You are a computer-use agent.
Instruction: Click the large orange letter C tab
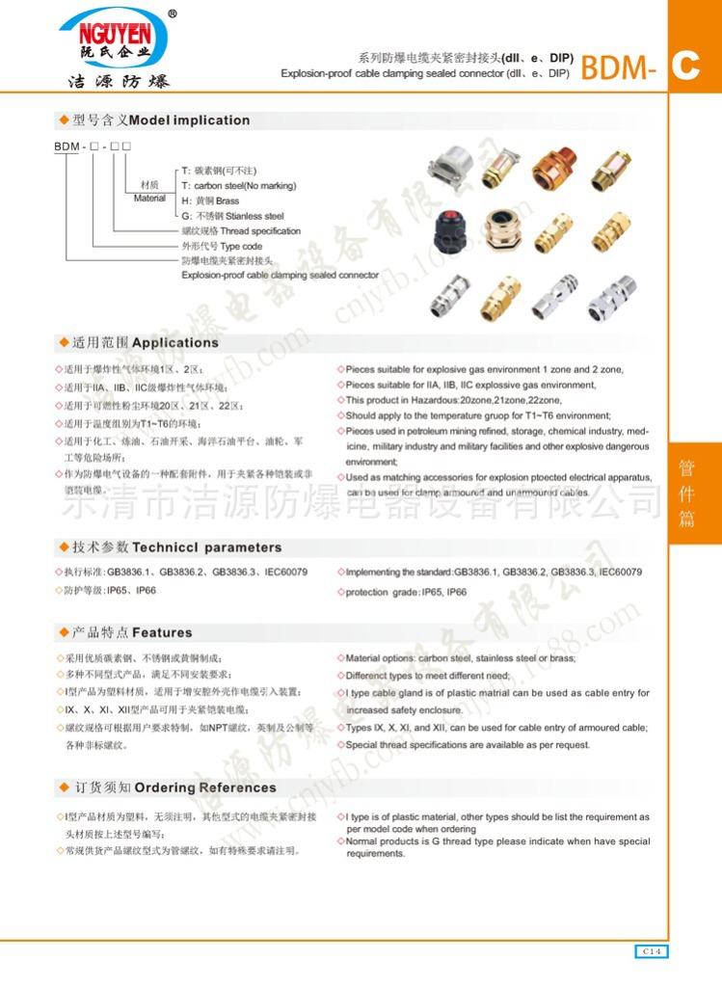tap(686, 66)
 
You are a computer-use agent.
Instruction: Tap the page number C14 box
tap(652, 951)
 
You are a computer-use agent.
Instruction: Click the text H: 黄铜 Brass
tap(210, 200)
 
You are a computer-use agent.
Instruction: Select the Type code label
tap(222, 247)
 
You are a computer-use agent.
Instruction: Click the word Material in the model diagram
tap(149, 198)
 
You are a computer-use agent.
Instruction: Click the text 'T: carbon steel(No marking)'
tap(238, 185)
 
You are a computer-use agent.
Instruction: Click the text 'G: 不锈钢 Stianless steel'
tap(232, 216)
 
